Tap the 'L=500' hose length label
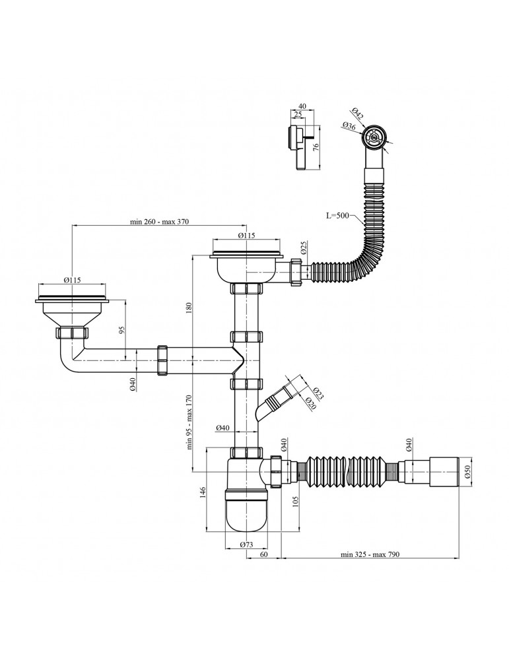[337, 216]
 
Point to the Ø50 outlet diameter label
[466, 473]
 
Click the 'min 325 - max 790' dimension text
[370, 554]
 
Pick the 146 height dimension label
[202, 491]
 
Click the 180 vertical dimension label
[189, 308]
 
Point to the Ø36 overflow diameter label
[349, 126]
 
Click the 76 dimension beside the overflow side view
[316, 147]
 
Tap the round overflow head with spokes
[373, 137]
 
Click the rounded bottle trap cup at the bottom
[246, 511]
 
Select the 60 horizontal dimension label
[263, 554]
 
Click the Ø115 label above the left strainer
[73, 280]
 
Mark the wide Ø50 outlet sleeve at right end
[444, 473]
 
